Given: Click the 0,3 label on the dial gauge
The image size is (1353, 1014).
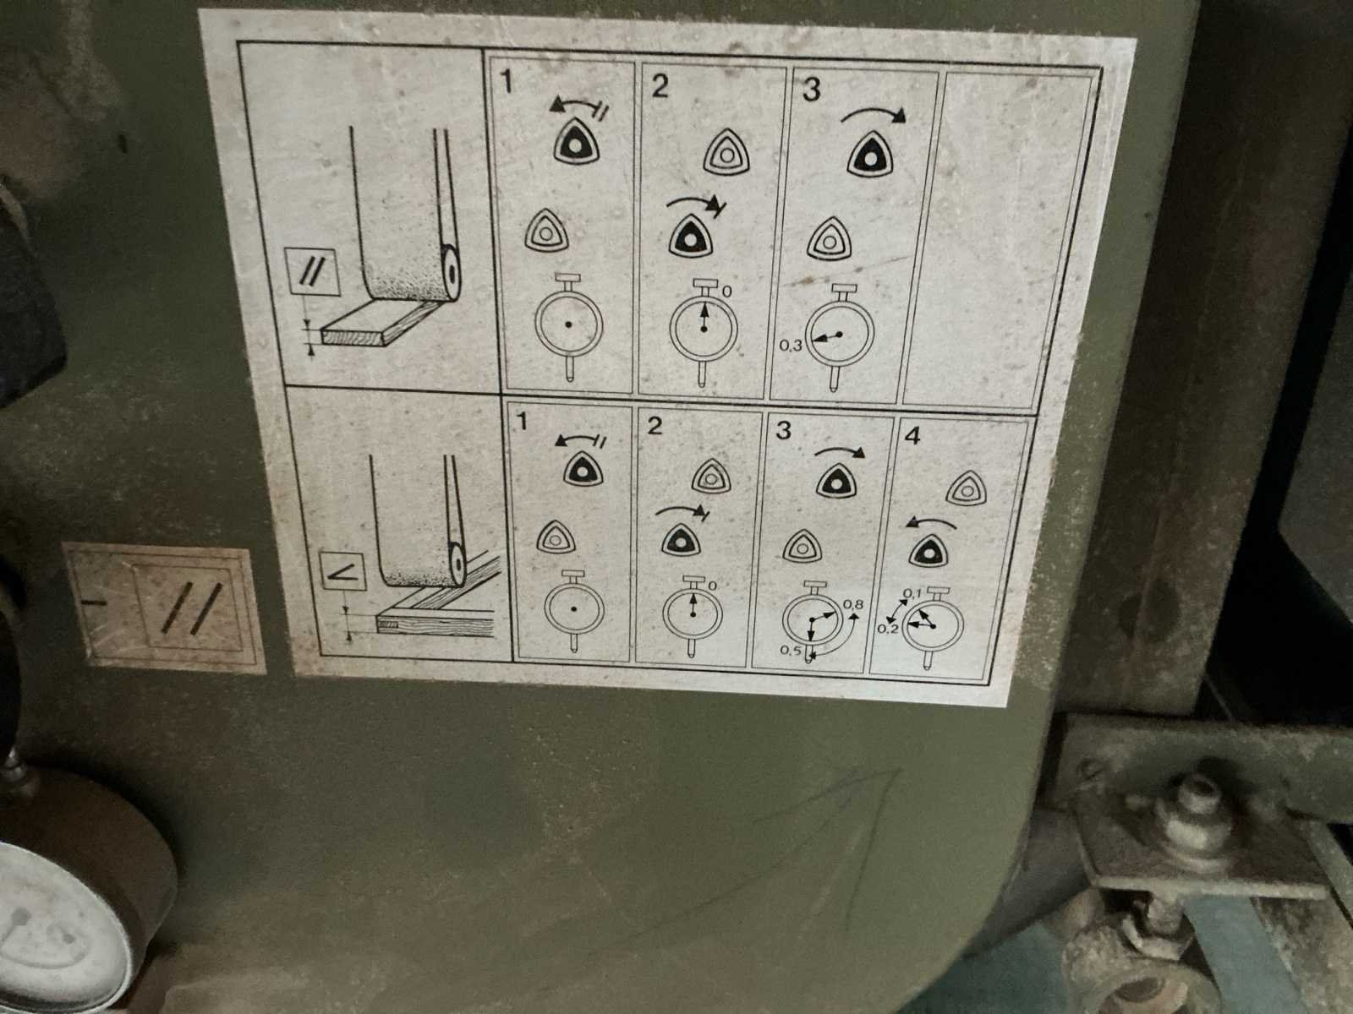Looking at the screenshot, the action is tap(790, 346).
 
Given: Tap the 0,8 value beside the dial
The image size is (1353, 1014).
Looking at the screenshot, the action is tap(853, 604).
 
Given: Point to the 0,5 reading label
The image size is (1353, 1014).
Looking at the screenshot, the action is tap(791, 651).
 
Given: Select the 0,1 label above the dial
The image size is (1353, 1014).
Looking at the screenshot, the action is tap(912, 593).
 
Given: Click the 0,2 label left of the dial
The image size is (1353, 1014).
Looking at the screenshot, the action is tap(888, 629).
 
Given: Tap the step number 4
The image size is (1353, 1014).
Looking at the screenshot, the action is tap(912, 436).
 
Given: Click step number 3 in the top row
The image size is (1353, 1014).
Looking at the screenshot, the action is tap(811, 90).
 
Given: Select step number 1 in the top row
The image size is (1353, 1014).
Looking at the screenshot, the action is tap(506, 81).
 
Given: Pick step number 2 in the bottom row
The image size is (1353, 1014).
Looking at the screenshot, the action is tap(655, 425).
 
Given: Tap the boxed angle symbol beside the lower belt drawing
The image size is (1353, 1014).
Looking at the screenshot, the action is tap(344, 574).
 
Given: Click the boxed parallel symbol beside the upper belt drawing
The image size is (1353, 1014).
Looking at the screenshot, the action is tap(312, 272).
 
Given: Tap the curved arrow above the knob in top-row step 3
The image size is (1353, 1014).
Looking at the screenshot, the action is tap(874, 114).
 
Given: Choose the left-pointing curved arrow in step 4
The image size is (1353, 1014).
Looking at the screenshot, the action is tap(931, 523).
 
